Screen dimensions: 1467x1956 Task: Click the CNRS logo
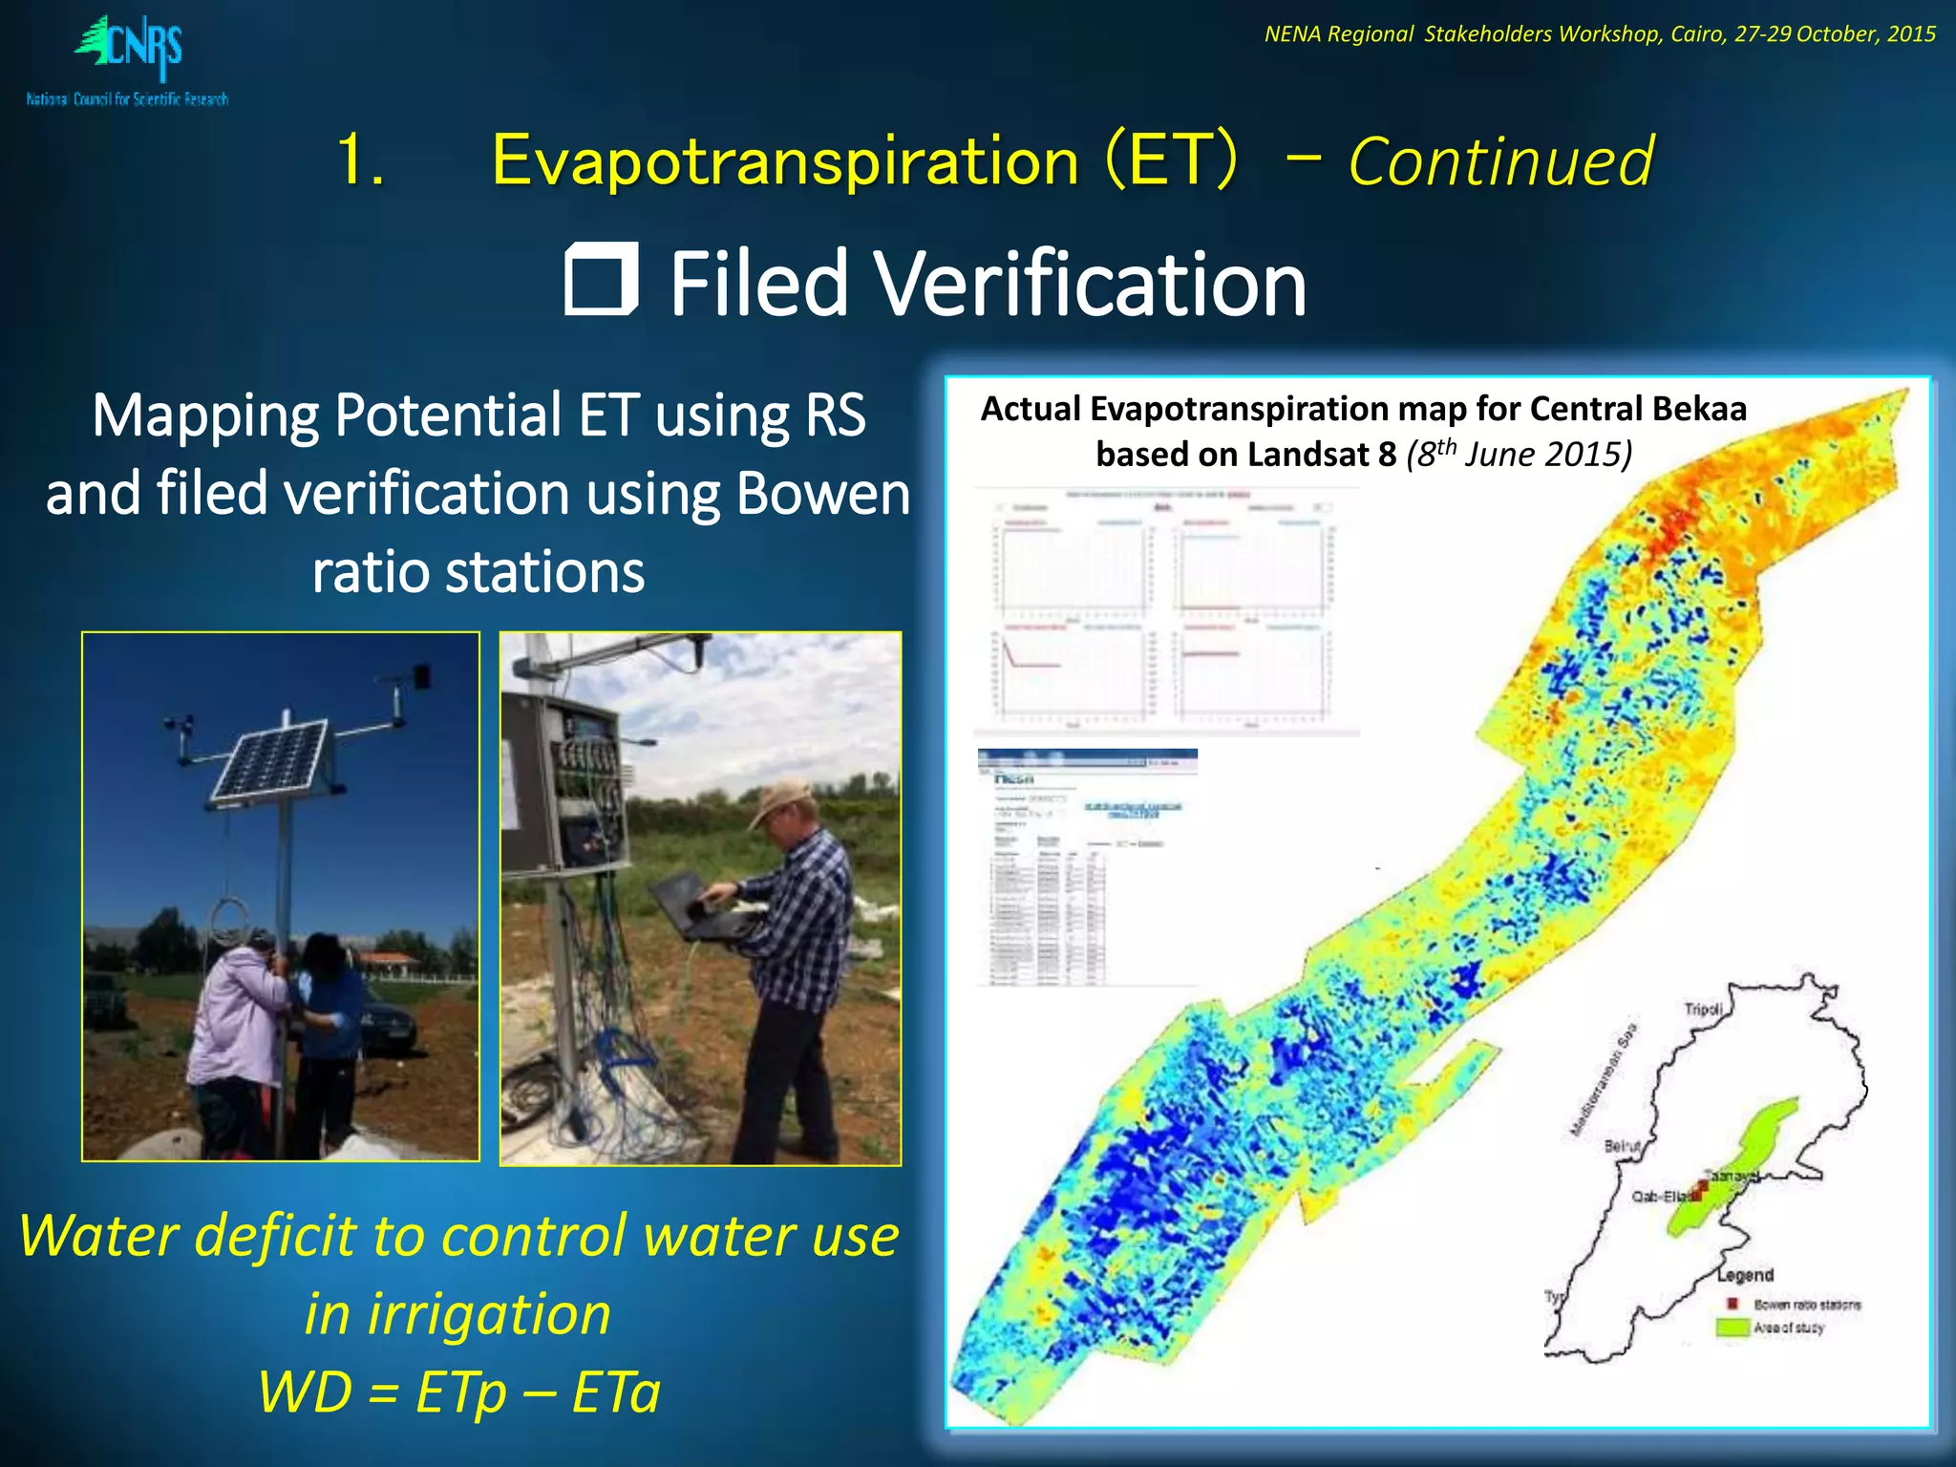tap(129, 57)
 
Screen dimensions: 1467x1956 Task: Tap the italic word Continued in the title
tap(1500, 161)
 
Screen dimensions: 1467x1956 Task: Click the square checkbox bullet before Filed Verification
tap(600, 280)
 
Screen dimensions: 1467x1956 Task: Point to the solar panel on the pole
tap(270, 758)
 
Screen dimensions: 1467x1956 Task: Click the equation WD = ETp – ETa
tap(458, 1392)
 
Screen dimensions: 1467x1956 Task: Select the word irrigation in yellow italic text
tap(458, 1313)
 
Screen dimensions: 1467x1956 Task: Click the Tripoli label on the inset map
tap(1703, 1009)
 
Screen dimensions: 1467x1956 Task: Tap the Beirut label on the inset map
tap(1623, 1145)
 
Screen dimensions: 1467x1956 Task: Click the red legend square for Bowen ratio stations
tap(1732, 1304)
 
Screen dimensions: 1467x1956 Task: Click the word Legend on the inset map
tap(1745, 1275)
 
